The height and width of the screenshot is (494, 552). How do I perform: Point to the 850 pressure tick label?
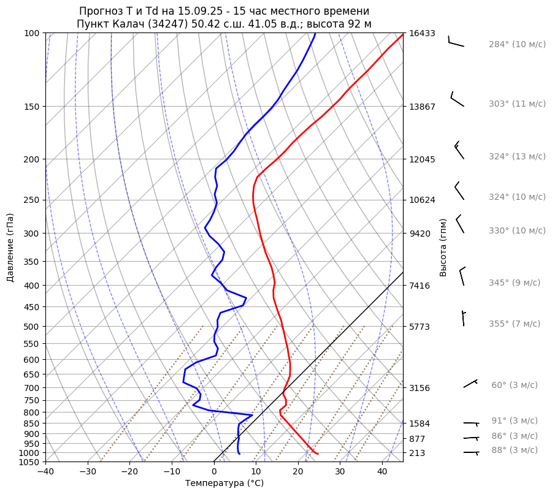pyautogui.click(x=33, y=424)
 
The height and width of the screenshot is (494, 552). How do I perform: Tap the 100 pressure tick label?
pyautogui.click(x=33, y=33)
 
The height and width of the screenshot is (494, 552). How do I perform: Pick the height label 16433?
pyautogui.click(x=422, y=33)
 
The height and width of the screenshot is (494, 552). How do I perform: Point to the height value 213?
pyautogui.click(x=417, y=453)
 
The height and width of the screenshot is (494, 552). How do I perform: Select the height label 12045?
pyautogui.click(x=422, y=159)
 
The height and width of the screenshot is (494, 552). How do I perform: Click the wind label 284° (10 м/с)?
pyautogui.click(x=517, y=44)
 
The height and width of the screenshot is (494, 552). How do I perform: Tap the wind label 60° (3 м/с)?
pyautogui.click(x=514, y=385)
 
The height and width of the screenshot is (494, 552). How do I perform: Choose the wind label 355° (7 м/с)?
pyautogui.click(x=514, y=324)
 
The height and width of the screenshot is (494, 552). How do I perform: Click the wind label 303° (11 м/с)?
pyautogui.click(x=517, y=104)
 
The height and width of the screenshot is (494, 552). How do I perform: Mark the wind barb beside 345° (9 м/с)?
pyautogui.click(x=462, y=276)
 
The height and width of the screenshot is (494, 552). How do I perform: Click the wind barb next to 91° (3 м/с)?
pyautogui.click(x=471, y=423)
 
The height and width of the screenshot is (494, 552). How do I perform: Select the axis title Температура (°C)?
pyautogui.click(x=224, y=484)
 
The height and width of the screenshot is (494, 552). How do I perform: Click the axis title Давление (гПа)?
pyautogui.click(x=10, y=248)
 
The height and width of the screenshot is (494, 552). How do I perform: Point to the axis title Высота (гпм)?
pyautogui.click(x=443, y=248)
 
